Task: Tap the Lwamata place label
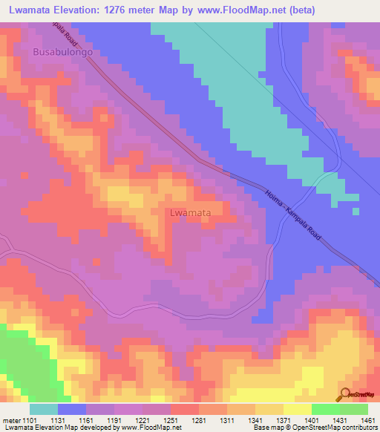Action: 191,212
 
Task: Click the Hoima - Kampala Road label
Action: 293,214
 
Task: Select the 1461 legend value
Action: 367,419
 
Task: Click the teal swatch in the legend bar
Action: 44,409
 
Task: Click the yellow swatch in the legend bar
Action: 298,409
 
